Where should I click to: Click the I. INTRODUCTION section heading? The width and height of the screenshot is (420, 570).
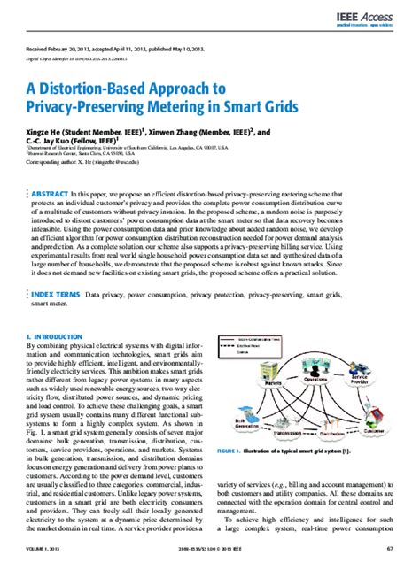pos(55,337)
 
